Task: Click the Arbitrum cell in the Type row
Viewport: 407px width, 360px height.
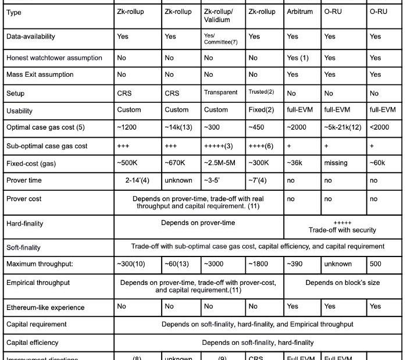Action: coord(299,12)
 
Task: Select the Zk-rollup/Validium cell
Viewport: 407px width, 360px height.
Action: coord(218,16)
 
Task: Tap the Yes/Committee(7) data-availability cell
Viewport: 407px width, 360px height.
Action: coord(220,39)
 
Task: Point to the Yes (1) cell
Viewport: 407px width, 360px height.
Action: coord(298,58)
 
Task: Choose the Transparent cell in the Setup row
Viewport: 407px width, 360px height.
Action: coord(220,92)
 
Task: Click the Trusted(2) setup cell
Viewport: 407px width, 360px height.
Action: coord(261,92)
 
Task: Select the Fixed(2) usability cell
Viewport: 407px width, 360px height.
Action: coord(261,110)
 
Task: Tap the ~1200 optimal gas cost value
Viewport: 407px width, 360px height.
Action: coord(127,127)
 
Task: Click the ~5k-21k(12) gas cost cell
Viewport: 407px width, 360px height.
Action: coord(343,127)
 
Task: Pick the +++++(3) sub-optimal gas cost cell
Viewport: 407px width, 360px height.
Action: coord(219,146)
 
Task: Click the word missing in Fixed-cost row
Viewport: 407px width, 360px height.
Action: coord(335,163)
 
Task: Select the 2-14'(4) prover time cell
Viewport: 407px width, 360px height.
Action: coord(137,180)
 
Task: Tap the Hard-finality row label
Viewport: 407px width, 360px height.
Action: coord(25,224)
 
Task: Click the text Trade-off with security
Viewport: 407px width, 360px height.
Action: coord(342,230)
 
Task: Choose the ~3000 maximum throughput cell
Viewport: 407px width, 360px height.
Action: coord(213,264)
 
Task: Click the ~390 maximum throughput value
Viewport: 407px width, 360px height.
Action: coord(296,264)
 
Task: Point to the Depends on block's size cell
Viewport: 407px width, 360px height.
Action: coord(342,283)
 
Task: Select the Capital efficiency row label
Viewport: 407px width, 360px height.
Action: coord(33,343)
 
